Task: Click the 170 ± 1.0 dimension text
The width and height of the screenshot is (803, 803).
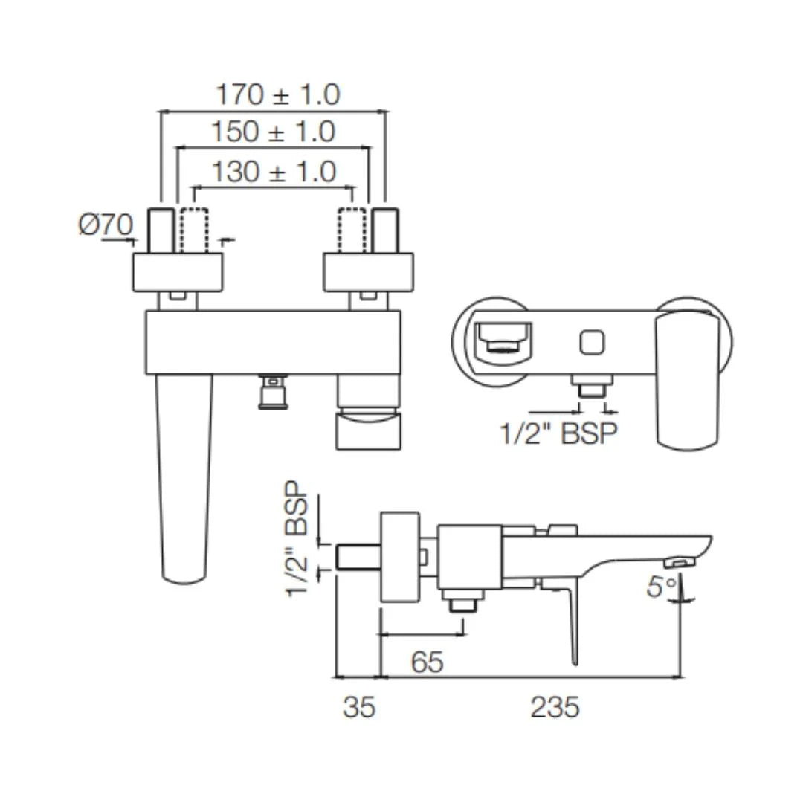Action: (x=277, y=94)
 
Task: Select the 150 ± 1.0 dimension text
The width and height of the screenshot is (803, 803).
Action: (x=273, y=132)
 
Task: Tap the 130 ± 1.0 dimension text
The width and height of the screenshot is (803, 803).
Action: (x=274, y=172)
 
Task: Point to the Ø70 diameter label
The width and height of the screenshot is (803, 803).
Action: (x=106, y=224)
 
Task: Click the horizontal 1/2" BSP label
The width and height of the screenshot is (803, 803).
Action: (x=559, y=433)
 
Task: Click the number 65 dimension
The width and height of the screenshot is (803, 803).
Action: (x=427, y=661)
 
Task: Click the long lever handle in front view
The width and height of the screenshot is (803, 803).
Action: (x=184, y=476)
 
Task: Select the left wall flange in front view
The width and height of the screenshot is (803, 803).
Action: (x=178, y=272)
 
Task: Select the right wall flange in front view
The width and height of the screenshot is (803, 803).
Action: (x=368, y=272)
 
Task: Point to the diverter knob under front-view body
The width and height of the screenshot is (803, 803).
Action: (x=274, y=391)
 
